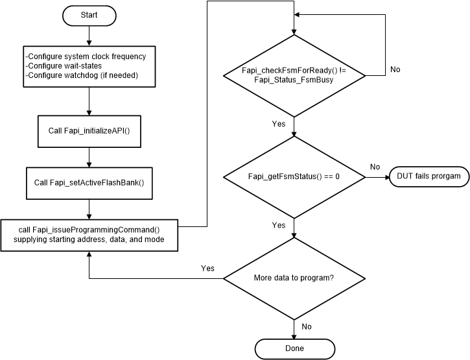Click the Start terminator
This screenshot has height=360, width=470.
[x=89, y=14]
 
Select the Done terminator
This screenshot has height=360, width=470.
[x=294, y=348]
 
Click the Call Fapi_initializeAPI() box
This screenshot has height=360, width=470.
[x=89, y=131]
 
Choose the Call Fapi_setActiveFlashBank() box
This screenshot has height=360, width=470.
[x=89, y=182]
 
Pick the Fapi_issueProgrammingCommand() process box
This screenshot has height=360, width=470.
[x=89, y=235]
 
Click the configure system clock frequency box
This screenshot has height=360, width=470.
[x=89, y=66]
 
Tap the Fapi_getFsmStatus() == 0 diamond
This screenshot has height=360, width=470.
[x=294, y=176]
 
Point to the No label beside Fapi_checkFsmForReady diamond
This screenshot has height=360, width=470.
[x=395, y=69]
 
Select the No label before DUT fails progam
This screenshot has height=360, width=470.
[x=375, y=167]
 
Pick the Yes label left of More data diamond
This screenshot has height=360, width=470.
[x=207, y=268]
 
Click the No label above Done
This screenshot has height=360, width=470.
[x=307, y=326]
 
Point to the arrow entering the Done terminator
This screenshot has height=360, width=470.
[x=294, y=331]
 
